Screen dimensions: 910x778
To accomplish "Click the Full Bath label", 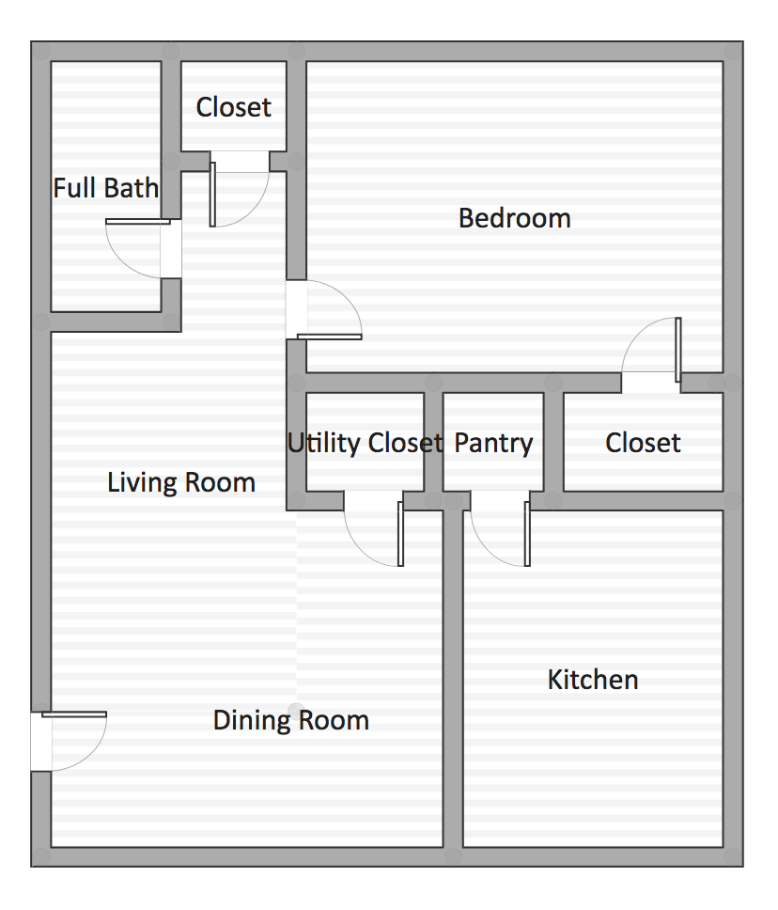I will click(x=105, y=188).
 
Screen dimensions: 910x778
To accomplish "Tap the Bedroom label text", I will click(x=514, y=218).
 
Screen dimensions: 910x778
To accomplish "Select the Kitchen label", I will click(x=593, y=680).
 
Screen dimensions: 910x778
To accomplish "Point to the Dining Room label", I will click(x=290, y=721).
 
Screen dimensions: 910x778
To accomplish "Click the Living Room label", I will click(x=181, y=483).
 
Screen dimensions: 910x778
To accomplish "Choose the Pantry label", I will click(x=493, y=443).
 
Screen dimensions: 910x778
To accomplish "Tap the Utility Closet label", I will click(x=365, y=443).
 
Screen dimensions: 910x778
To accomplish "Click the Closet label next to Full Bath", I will click(x=233, y=107).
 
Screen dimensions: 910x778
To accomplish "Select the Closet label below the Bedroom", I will click(x=643, y=443).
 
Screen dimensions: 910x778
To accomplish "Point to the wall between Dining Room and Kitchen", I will click(x=453, y=677).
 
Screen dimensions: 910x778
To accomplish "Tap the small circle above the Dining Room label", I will click(x=297, y=709).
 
